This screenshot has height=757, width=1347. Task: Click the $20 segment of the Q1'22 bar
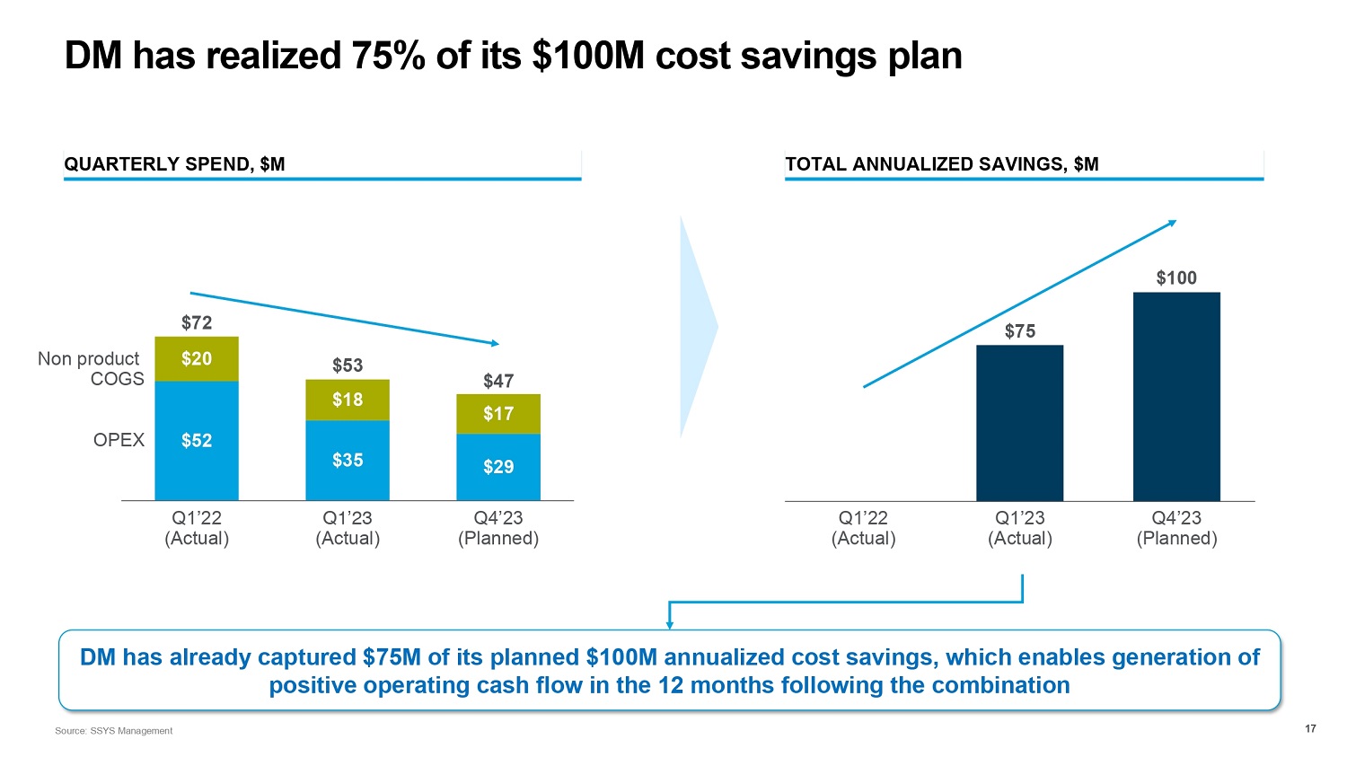point(197,359)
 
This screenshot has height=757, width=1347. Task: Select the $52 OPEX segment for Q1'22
point(197,441)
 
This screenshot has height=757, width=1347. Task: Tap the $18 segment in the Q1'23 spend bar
point(348,400)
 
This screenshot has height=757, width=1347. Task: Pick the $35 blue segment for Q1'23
point(348,461)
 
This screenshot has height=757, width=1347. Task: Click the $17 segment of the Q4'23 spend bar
point(498,414)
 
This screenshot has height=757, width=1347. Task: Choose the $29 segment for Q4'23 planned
point(498,467)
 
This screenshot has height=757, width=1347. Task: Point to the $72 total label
point(197,322)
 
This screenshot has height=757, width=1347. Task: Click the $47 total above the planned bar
point(498,381)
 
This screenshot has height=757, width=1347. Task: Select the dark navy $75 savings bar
point(1019,423)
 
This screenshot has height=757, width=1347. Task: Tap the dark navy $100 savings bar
point(1176,396)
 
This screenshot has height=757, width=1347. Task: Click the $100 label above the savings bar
point(1176,278)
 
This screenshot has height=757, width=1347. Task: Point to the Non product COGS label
point(91,369)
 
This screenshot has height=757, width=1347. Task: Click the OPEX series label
point(119,440)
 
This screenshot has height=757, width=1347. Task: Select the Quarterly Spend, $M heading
point(174,164)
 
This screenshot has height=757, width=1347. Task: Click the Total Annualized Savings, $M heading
point(941,164)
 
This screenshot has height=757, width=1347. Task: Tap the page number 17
point(1310,728)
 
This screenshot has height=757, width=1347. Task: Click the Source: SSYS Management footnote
point(113,731)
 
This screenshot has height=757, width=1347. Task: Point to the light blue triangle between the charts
point(696,327)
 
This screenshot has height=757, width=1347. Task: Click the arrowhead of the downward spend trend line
point(494,343)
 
